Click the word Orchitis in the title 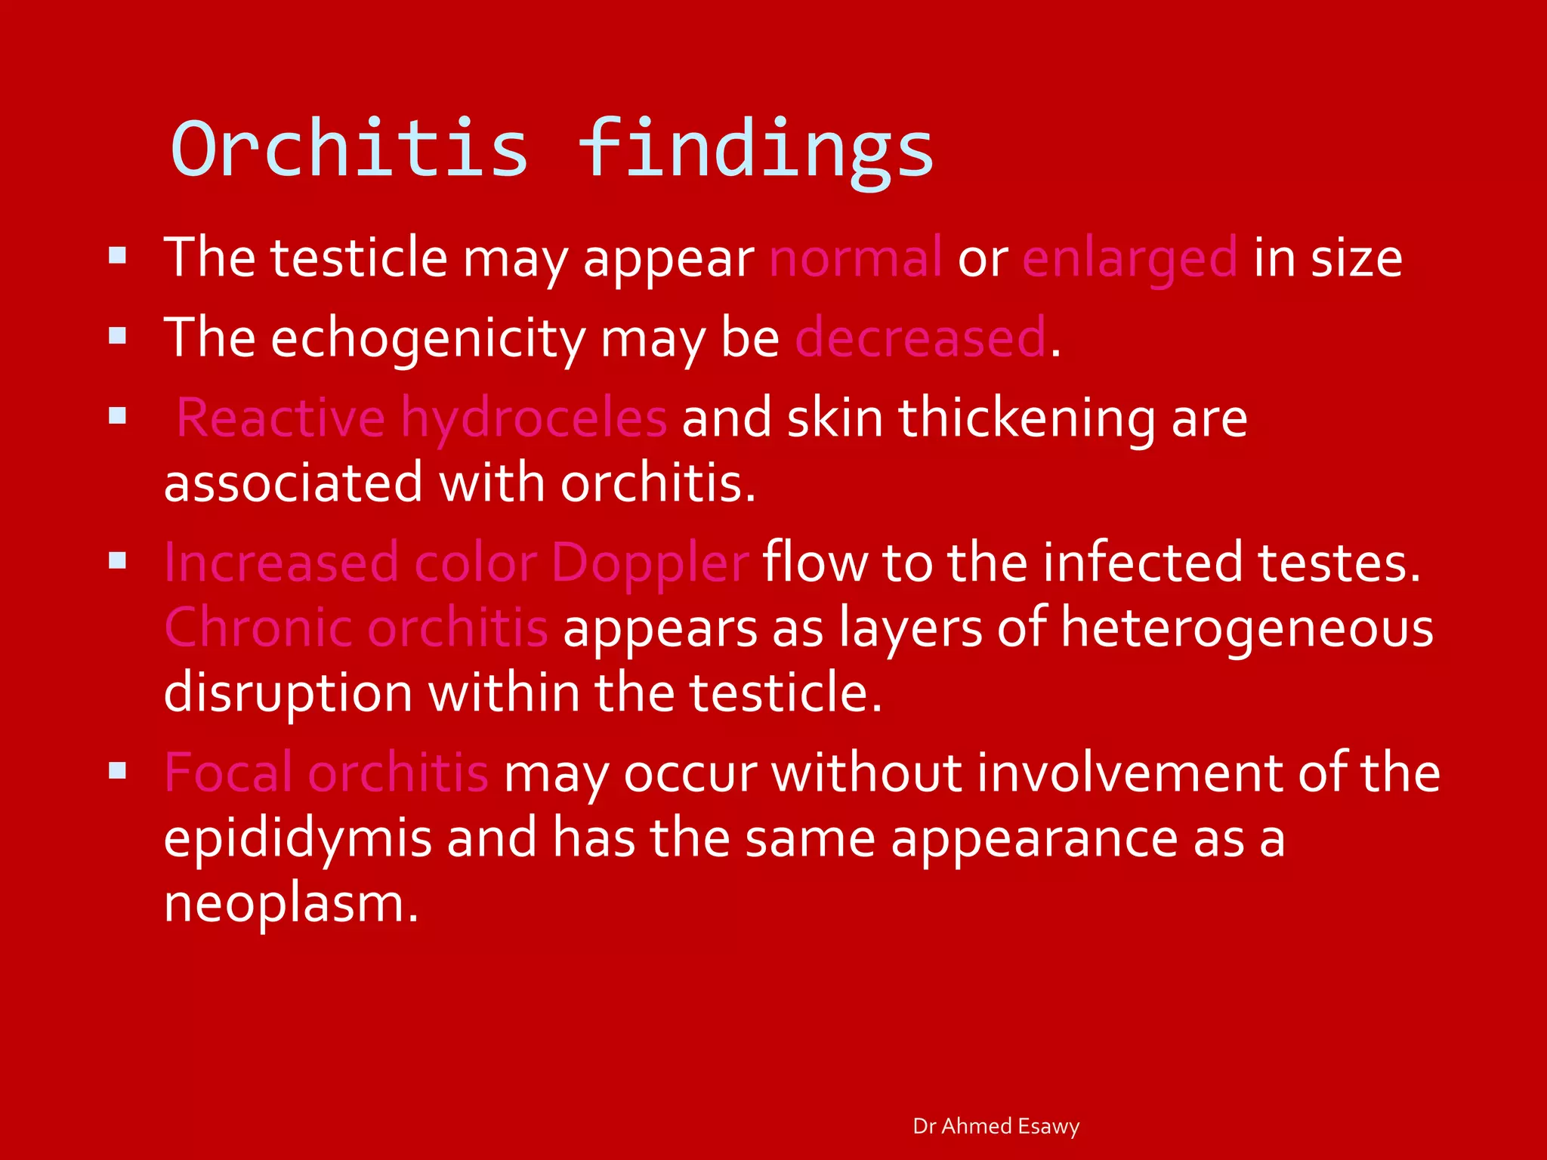point(349,149)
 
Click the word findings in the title point(756,149)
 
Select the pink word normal point(855,258)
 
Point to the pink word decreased point(921,338)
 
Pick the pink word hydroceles point(533,418)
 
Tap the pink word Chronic point(258,628)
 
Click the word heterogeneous point(1247,629)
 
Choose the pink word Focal point(228,773)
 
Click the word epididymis point(298,839)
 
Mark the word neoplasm point(291,904)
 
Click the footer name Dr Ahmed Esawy point(996,1126)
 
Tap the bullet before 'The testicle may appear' point(117,255)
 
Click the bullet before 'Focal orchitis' point(117,770)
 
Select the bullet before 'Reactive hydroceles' point(117,415)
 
